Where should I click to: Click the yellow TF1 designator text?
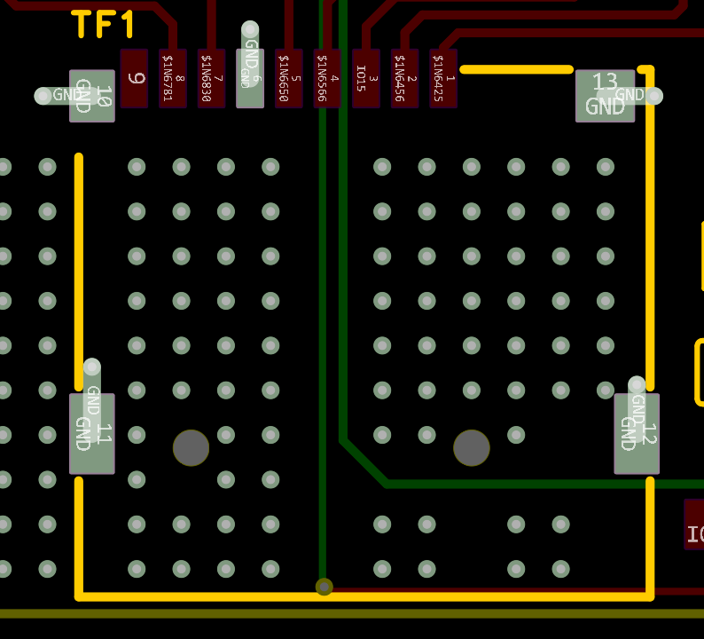coord(104,24)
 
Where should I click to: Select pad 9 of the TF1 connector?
coord(134,78)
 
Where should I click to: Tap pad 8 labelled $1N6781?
coord(173,78)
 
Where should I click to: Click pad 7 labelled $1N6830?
coord(211,78)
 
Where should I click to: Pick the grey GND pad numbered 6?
coord(250,78)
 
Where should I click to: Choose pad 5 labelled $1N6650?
coord(288,78)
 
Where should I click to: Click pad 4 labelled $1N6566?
coord(327,78)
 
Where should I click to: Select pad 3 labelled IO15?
coord(366,78)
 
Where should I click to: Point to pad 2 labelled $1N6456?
coord(404,78)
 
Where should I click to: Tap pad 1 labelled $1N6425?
coord(443,78)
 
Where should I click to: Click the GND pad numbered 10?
coord(92,96)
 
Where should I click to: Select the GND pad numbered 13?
coord(605,96)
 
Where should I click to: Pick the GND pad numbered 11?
coord(92,434)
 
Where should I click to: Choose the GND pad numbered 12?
coord(637,434)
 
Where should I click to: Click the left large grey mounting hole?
coord(191,448)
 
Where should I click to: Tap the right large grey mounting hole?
coord(472,448)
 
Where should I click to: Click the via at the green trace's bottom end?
coord(325,587)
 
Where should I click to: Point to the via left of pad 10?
coord(43,96)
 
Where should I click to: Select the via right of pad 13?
coord(654,96)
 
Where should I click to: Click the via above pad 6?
coord(250,29)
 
